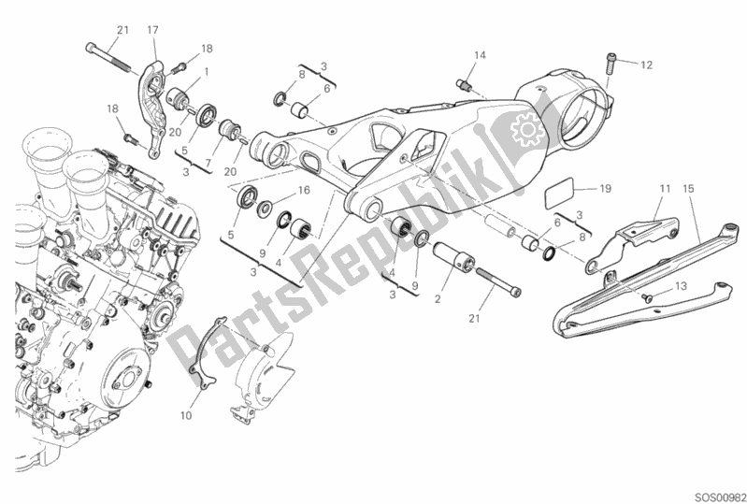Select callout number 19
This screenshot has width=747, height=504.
tap(604, 189)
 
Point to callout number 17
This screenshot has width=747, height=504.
tap(153, 30)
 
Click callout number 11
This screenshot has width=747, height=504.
tap(664, 190)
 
